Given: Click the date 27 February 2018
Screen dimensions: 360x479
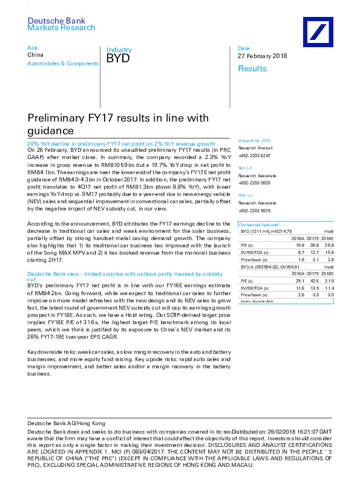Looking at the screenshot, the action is (x=263, y=56).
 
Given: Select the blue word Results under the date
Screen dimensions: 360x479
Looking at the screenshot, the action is (x=252, y=68).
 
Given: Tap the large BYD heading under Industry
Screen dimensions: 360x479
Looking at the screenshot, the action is (x=118, y=58).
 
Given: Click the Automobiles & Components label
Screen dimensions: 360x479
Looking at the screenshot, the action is (x=63, y=62).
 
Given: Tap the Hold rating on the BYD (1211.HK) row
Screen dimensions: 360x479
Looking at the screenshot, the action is (x=329, y=230).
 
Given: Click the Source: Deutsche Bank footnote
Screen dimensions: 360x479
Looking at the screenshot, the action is (x=257, y=301).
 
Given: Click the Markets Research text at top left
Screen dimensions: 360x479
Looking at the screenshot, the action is (x=61, y=28).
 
